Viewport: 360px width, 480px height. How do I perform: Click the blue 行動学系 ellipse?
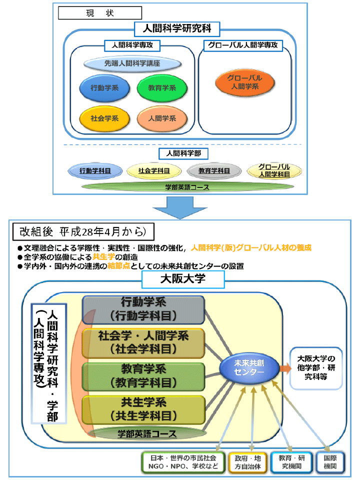pos(104,88)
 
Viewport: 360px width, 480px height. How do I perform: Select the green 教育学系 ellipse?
pos(162,88)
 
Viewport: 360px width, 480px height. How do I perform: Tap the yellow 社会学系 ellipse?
pos(104,118)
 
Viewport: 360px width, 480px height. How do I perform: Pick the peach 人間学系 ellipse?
pos(162,118)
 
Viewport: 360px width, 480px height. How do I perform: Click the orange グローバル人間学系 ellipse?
pos(245,82)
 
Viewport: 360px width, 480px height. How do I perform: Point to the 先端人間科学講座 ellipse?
pos(132,63)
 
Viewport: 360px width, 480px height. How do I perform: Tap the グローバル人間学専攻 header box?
pos(243,45)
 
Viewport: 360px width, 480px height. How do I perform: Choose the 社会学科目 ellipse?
pos(153,170)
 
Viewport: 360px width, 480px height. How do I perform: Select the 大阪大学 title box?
pos(182,279)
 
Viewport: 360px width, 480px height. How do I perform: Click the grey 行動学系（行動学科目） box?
pos(143,309)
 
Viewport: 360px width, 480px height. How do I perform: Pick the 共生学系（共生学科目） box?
pos(143,409)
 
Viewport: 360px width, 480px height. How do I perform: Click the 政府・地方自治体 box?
pos(247,462)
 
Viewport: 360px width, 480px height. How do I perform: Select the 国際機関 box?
pos(330,462)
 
